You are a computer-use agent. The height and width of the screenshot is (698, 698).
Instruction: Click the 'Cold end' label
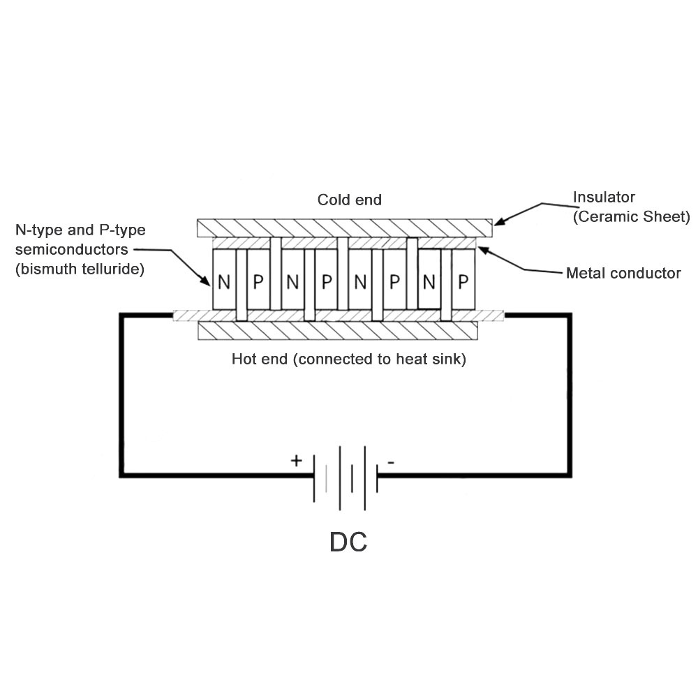[x=349, y=200]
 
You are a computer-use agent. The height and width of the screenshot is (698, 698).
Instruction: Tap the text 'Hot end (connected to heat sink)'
[x=348, y=360]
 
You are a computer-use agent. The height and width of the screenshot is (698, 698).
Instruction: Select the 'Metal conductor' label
[x=623, y=273]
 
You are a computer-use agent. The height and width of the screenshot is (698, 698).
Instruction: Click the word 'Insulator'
[x=604, y=197]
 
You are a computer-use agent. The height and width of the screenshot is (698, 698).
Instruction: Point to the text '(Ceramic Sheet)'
[x=631, y=216]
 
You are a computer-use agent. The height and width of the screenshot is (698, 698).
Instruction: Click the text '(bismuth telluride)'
[x=80, y=268]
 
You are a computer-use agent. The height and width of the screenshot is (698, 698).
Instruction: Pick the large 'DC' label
[x=348, y=542]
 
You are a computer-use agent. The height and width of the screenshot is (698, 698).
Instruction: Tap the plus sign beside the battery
[x=296, y=461]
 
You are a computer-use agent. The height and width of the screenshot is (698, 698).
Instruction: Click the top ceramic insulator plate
[x=345, y=228]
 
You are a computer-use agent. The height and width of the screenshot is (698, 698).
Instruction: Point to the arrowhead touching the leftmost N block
[x=207, y=283]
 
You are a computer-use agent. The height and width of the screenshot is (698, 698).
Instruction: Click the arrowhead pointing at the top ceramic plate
[x=498, y=221]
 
